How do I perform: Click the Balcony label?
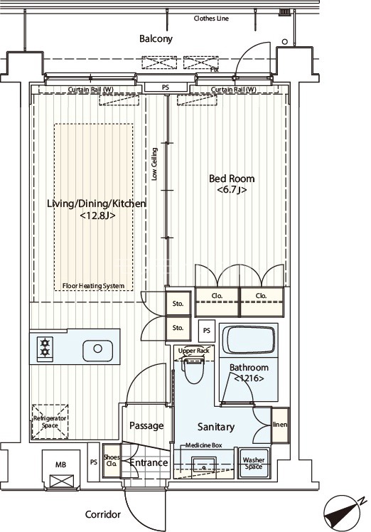coord(156,38)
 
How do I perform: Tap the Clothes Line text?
coord(211,18)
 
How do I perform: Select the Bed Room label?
coord(232,179)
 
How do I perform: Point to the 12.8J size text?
coord(97,216)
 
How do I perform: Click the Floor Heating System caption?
coord(93,286)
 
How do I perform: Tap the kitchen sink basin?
coord(97,349)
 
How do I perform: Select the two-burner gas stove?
coord(45,347)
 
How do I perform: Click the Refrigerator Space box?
coord(50,422)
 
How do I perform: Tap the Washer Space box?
coord(254,464)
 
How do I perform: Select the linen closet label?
coord(280,425)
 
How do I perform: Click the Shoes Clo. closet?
coord(112,461)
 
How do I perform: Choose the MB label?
coord(60,464)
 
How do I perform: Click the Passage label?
coord(146,425)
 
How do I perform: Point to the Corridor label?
coord(103,515)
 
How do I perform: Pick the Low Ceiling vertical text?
coord(154,164)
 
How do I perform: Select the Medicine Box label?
coord(203,445)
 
